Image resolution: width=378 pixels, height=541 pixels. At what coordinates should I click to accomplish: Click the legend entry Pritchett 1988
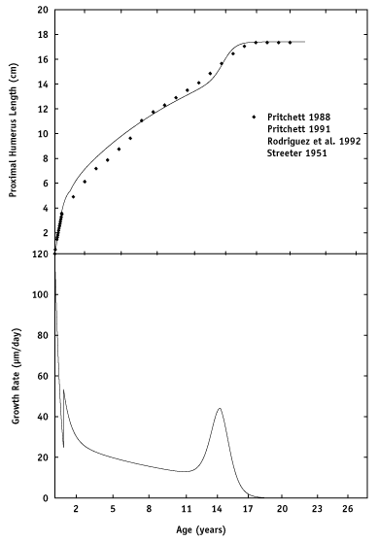[293, 117]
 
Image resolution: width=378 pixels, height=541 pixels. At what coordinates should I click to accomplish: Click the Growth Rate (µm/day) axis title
[15, 375]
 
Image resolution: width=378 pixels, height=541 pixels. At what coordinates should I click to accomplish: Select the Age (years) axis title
[201, 529]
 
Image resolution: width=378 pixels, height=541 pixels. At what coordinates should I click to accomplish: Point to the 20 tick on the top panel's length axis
[42, 11]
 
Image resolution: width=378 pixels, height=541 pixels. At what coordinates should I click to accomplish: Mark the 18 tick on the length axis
[42, 35]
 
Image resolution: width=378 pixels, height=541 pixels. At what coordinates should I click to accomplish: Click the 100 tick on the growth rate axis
[40, 294]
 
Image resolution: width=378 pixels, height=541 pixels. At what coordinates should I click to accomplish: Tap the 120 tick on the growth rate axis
[40, 254]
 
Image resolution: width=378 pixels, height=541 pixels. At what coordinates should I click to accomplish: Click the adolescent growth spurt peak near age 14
[220, 408]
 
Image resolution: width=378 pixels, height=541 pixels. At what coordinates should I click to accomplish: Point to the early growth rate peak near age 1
[64, 390]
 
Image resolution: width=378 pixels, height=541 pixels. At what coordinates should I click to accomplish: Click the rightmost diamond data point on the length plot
[290, 43]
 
